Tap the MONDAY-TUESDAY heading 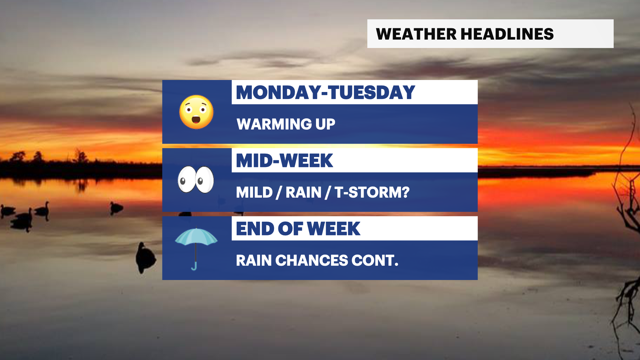click(x=325, y=92)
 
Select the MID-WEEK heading click(x=284, y=161)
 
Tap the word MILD click(x=254, y=192)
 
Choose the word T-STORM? click(x=372, y=192)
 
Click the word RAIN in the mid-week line click(x=303, y=192)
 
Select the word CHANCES click(x=311, y=260)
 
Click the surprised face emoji click(x=196, y=112)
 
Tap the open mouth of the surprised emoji click(x=196, y=119)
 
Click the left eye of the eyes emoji click(x=186, y=180)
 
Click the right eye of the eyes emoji click(x=204, y=180)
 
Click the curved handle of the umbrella click(x=194, y=266)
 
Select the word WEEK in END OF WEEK click(x=333, y=229)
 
